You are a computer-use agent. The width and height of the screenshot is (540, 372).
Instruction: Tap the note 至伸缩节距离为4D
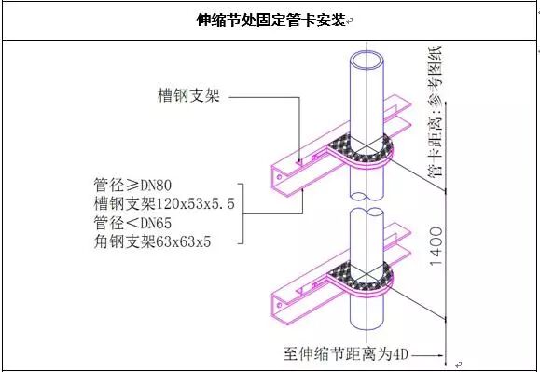345,354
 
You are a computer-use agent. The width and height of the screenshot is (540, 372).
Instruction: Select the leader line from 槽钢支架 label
267,95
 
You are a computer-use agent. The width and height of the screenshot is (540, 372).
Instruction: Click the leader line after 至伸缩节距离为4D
430,354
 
